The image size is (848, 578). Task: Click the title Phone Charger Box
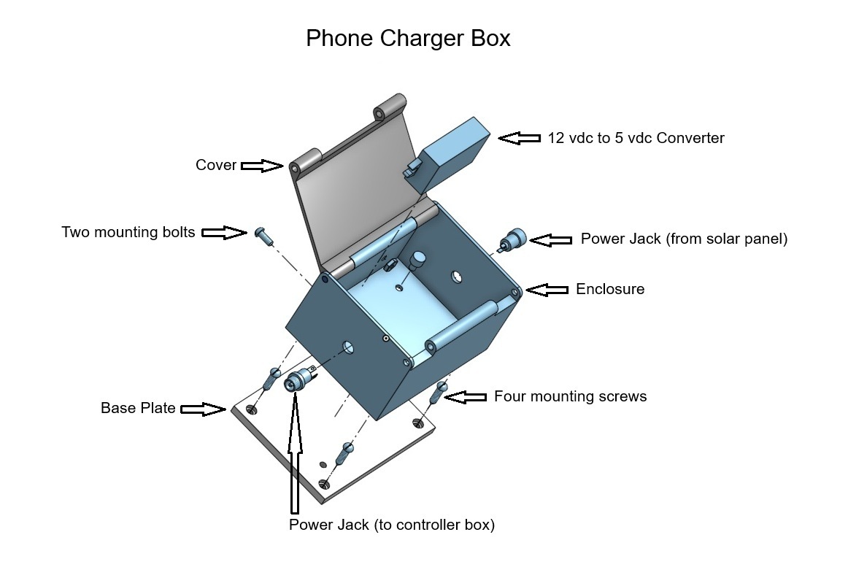(x=408, y=38)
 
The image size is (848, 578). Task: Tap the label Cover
(x=216, y=166)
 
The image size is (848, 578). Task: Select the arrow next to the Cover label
(x=262, y=166)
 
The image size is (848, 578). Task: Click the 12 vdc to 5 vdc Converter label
(x=636, y=138)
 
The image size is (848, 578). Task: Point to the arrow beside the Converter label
(x=520, y=138)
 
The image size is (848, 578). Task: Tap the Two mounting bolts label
(x=128, y=233)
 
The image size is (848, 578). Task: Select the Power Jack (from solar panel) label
(x=684, y=239)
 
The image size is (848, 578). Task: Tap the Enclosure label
(x=610, y=289)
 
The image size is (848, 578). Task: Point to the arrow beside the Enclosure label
(x=547, y=290)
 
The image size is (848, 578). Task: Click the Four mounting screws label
(x=570, y=397)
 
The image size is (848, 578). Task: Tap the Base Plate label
(x=138, y=408)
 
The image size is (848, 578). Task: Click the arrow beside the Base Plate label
(x=203, y=409)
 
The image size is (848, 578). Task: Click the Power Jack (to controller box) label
(x=392, y=525)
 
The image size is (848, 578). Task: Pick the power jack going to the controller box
(x=298, y=380)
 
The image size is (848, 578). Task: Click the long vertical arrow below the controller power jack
(x=295, y=452)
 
